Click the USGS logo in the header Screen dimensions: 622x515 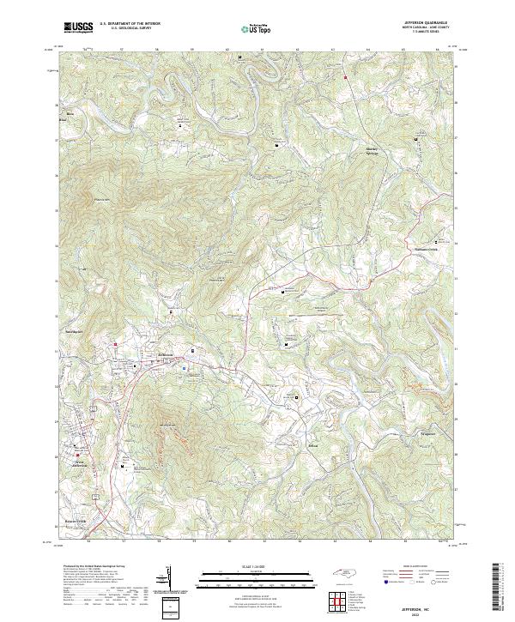(x=78, y=27)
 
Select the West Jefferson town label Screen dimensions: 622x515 (x=80, y=463)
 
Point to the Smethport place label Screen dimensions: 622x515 (x=75, y=329)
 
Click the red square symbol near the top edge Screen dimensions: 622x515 (x=344, y=78)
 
